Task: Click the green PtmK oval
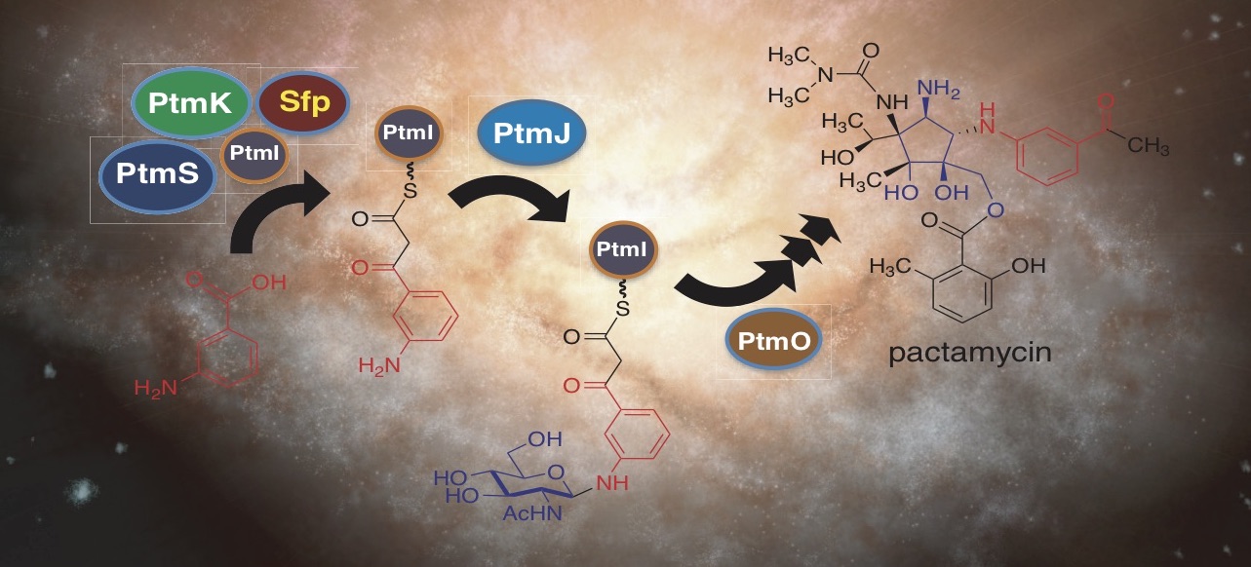(190, 102)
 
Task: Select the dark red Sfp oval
(303, 102)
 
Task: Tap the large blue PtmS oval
(158, 174)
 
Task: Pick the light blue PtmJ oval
(531, 132)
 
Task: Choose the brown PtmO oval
(773, 340)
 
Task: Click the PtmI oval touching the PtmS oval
(254, 155)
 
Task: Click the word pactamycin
(970, 354)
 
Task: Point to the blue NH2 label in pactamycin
(938, 90)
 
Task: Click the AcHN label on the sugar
(531, 512)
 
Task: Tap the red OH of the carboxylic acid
(269, 283)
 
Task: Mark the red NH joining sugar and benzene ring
(612, 483)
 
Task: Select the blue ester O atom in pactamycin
(996, 209)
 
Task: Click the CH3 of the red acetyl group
(1149, 146)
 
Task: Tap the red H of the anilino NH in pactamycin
(988, 109)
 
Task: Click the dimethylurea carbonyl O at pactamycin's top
(871, 51)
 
